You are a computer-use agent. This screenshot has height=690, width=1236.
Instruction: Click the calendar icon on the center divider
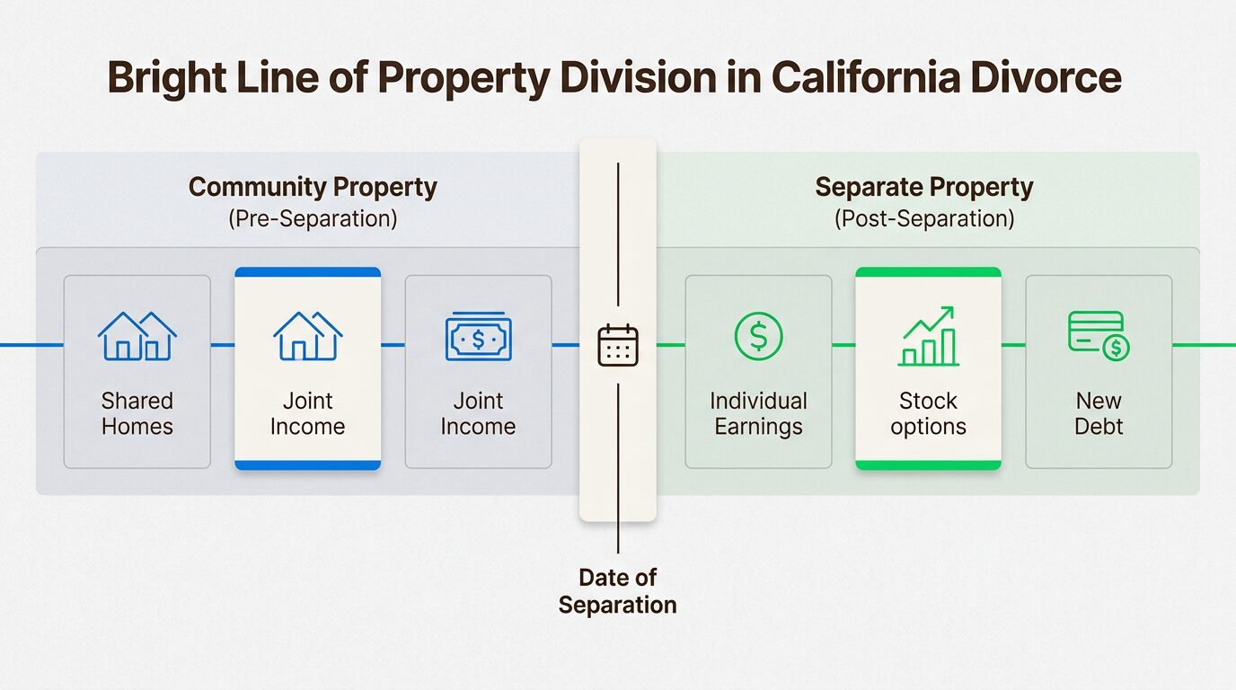click(618, 346)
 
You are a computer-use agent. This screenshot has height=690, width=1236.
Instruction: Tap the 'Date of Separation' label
click(617, 591)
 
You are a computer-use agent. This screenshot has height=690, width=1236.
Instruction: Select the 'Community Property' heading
click(313, 187)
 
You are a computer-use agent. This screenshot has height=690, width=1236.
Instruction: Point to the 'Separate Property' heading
click(923, 187)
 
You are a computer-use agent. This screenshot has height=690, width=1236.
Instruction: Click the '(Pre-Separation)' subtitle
click(313, 218)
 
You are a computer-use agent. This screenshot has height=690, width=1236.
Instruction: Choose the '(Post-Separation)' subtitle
click(923, 218)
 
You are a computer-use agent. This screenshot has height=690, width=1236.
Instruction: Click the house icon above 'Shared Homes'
click(137, 337)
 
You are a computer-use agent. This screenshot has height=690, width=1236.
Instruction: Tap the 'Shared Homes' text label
click(137, 413)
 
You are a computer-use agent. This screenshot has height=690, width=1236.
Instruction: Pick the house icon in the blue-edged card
click(307, 337)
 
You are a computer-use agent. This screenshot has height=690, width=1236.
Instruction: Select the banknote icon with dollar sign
click(478, 338)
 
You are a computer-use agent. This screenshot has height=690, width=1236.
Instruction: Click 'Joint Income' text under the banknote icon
click(478, 413)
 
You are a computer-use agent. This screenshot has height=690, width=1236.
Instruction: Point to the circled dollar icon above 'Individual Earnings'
click(758, 337)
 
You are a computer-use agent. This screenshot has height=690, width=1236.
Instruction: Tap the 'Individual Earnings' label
click(758, 413)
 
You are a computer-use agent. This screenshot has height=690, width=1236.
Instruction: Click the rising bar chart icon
click(928, 337)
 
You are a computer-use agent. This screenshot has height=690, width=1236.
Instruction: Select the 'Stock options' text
click(928, 413)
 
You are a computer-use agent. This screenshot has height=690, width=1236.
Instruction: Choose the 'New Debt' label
click(1099, 413)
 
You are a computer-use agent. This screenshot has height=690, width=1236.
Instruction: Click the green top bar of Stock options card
click(928, 271)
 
